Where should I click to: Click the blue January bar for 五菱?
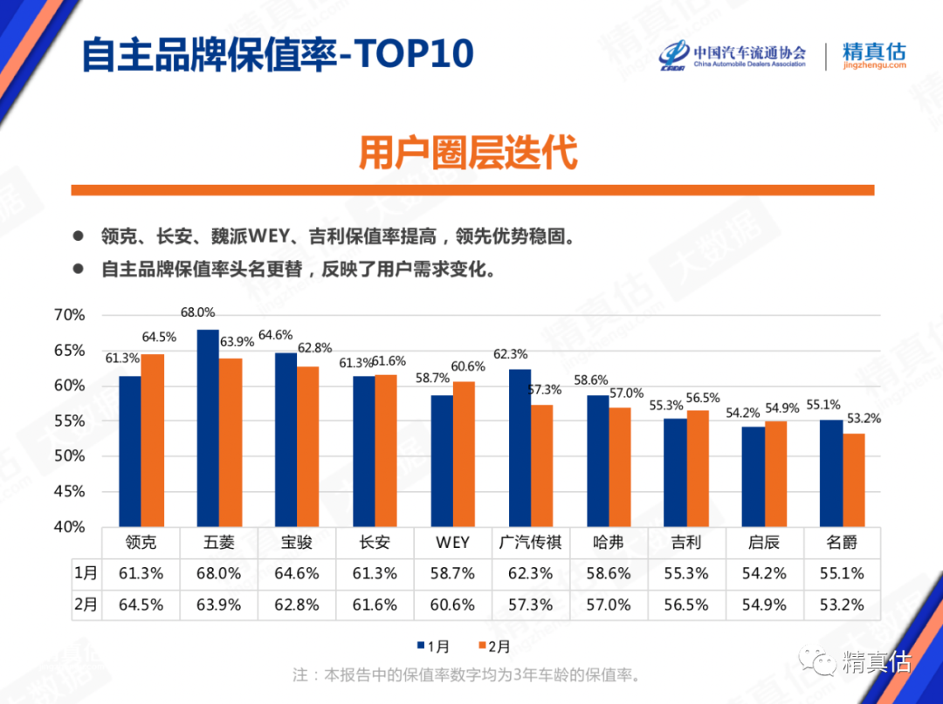(208, 427)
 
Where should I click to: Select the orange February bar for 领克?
(153, 441)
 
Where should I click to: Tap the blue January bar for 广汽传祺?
(520, 449)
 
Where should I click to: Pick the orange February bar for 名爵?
(854, 480)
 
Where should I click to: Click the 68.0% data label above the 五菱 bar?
(197, 312)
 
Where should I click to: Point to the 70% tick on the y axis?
(70, 315)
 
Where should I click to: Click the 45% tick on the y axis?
(70, 491)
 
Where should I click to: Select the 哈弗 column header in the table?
(608, 543)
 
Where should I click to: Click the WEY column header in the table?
(452, 543)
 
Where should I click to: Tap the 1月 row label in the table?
(86, 573)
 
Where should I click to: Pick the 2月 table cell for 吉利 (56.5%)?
(685, 605)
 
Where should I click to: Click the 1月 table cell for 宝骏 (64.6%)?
(297, 573)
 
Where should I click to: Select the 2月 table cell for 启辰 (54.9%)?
(764, 605)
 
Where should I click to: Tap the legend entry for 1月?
(434, 646)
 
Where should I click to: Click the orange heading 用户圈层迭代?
(468, 153)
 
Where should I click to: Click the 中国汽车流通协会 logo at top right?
(733, 54)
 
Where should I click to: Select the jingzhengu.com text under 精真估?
(874, 66)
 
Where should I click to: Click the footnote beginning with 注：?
(466, 675)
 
